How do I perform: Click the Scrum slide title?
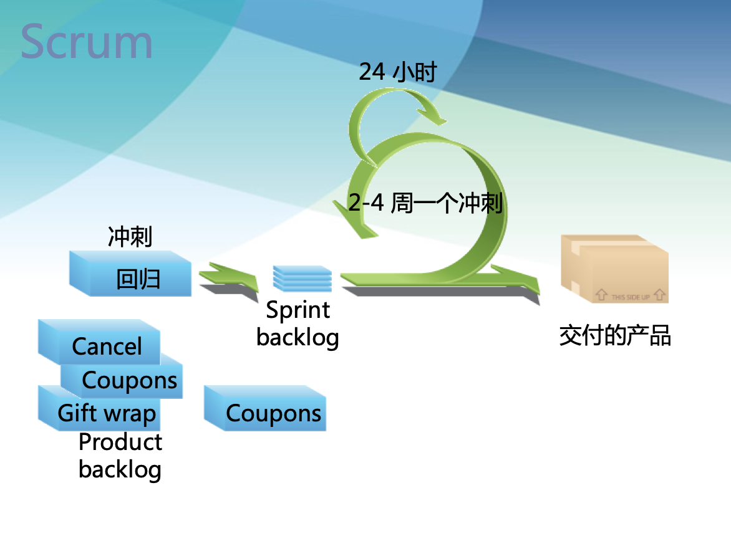[87, 42]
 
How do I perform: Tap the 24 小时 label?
[397, 72]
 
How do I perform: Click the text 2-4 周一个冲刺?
[425, 203]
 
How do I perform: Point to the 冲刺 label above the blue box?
[130, 237]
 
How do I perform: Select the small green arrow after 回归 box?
[228, 277]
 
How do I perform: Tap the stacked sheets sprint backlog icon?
[303, 279]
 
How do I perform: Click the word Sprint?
[298, 310]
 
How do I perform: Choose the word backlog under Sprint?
[298, 337]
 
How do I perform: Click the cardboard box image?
[614, 268]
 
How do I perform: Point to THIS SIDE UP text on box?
[630, 297]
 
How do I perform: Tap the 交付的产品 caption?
[614, 336]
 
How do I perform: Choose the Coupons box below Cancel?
[130, 380]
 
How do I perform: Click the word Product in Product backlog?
[120, 442]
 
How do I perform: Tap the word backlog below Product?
[120, 469]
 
